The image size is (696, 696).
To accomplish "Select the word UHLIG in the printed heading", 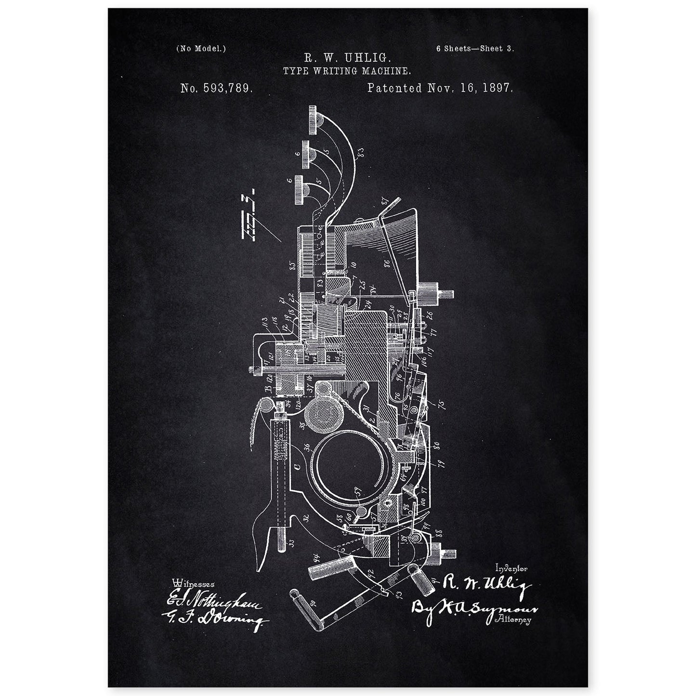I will point(371,59).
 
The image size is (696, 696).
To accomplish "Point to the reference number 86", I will point(386,263).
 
